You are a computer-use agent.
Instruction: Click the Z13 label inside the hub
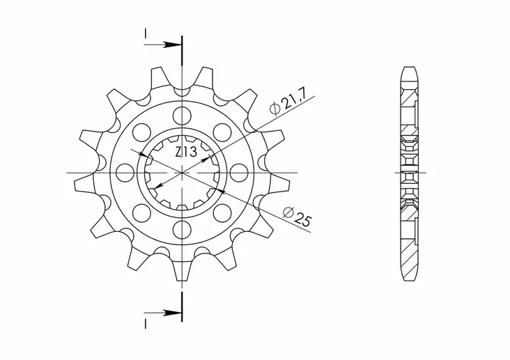click(185, 152)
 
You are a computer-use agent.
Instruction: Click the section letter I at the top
click(146, 33)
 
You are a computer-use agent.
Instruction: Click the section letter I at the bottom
click(146, 322)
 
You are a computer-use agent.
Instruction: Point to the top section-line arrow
click(171, 45)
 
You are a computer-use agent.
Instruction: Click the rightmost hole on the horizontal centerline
click(239, 171)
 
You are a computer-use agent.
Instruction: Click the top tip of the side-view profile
click(410, 68)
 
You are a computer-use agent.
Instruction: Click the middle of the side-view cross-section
click(410, 171)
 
